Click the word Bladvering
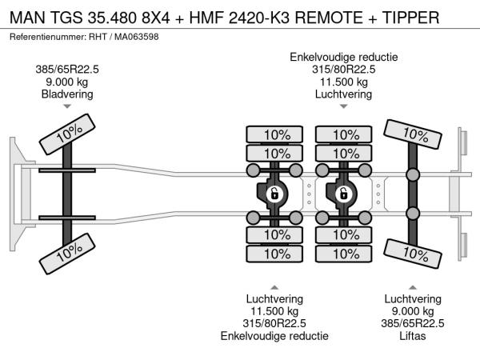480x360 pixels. pyautogui.click(x=67, y=94)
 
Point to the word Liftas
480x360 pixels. pyautogui.click(x=413, y=336)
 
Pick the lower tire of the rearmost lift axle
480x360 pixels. pyautogui.click(x=412, y=254)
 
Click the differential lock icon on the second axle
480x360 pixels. pyautogui.click(x=274, y=193)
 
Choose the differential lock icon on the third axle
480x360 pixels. pyautogui.click(x=343, y=193)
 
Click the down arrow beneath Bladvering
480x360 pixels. pyautogui.click(x=67, y=106)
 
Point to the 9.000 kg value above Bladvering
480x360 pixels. pyautogui.click(x=67, y=82)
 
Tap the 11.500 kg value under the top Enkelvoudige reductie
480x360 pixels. pyautogui.click(x=343, y=82)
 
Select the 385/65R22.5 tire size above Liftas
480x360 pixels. pyautogui.click(x=413, y=323)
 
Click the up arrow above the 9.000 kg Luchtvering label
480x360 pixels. pyautogui.click(x=413, y=287)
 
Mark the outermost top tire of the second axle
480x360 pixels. pyautogui.click(x=274, y=134)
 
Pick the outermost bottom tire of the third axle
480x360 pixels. pyautogui.click(x=343, y=254)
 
